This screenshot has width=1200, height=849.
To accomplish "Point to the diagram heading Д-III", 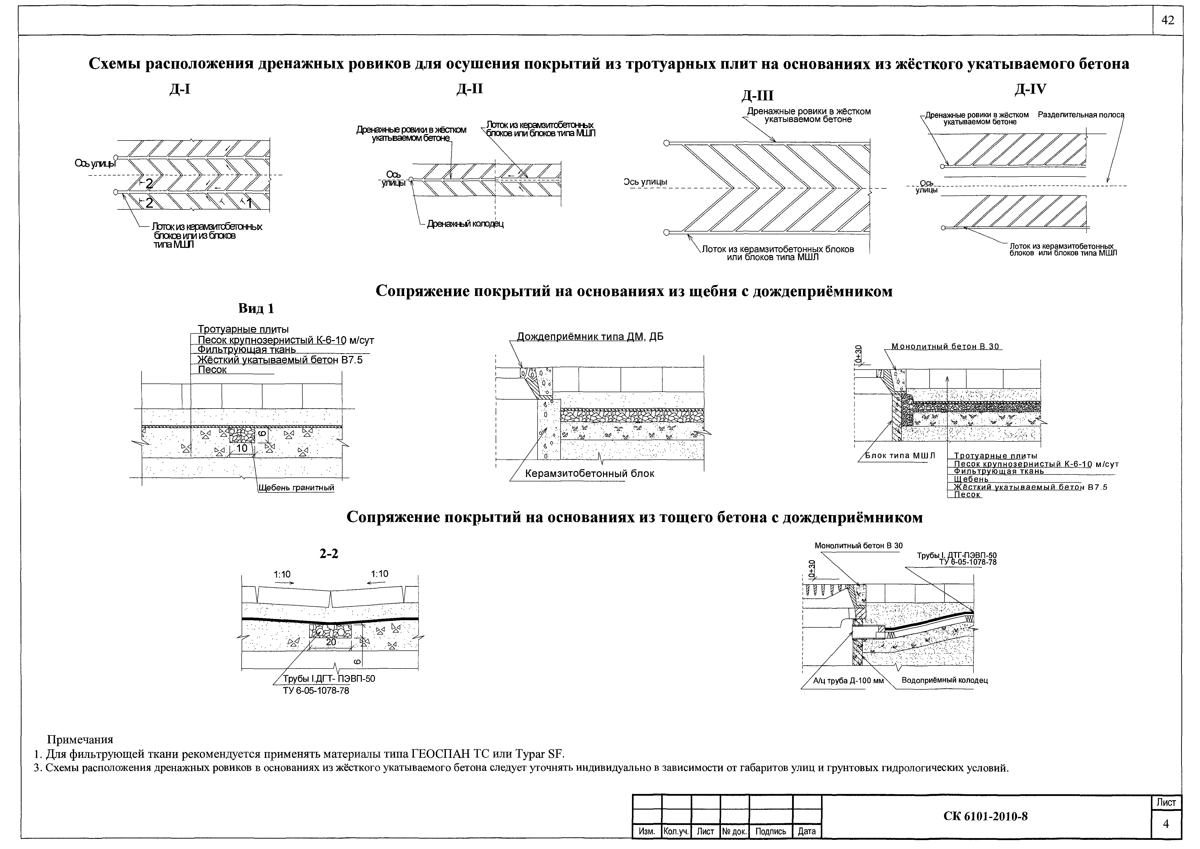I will pyautogui.click(x=757, y=96).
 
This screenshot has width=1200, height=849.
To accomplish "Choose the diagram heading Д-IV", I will pyautogui.click(x=1031, y=89).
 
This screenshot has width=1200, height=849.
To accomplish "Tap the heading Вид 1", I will pyautogui.click(x=256, y=308).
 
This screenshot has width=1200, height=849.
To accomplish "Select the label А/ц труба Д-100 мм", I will pyautogui.click(x=841, y=681).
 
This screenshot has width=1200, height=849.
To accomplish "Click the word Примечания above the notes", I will pyautogui.click(x=80, y=740).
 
